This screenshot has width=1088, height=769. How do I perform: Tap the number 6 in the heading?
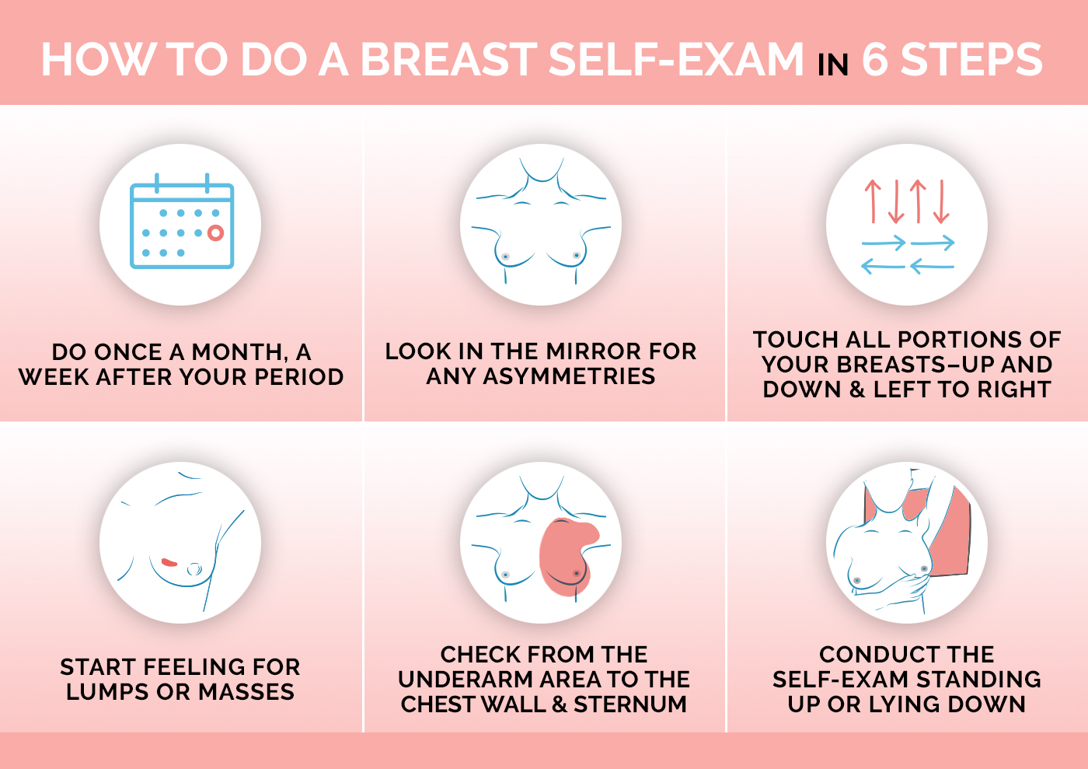click(x=874, y=60)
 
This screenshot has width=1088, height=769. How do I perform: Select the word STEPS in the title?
click(x=971, y=60)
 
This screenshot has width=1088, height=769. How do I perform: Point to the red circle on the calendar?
click(x=215, y=232)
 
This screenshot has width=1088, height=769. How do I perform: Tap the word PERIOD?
click(x=298, y=377)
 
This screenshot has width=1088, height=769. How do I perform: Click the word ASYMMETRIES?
click(x=569, y=376)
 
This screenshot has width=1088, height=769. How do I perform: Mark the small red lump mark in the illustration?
click(x=169, y=562)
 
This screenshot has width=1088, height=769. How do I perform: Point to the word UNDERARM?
click(x=466, y=680)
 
